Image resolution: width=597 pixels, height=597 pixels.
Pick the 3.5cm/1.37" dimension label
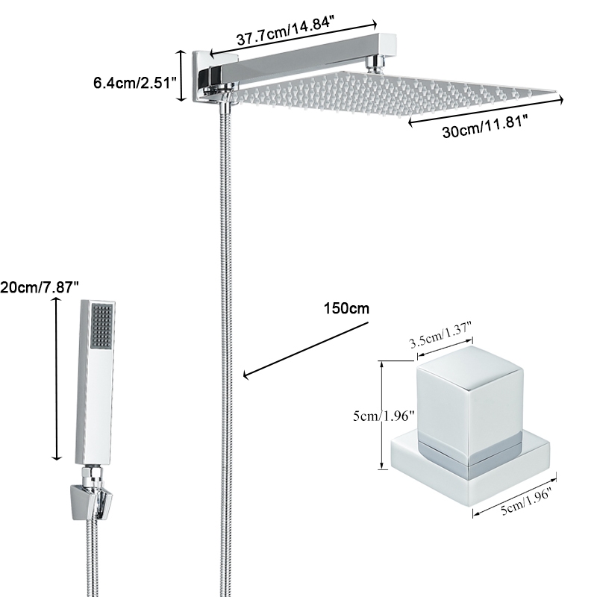pos(441,343)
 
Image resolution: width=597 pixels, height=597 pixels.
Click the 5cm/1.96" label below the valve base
pos(523,504)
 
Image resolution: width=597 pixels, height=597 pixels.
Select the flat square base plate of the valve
pos(470,466)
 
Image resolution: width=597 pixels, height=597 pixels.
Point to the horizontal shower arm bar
pos(298,60)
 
